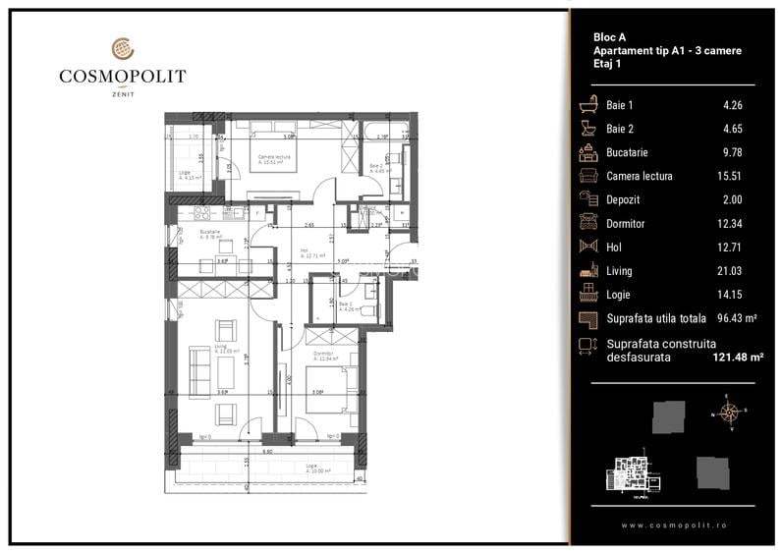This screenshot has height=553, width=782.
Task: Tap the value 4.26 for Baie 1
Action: pos(729,105)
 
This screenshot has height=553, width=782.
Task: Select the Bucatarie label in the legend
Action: pos(627,152)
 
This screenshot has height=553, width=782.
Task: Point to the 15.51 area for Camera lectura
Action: pos(729,176)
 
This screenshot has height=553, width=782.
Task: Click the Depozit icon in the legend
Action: pos(589,199)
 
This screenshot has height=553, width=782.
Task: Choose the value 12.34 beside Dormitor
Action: pos(729,223)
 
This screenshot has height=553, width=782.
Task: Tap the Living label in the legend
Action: pos(619,270)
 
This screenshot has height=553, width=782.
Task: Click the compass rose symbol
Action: pos(729,411)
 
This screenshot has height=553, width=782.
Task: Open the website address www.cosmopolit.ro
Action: pos(674,525)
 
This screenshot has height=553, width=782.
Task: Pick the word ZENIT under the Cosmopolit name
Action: pos(122,93)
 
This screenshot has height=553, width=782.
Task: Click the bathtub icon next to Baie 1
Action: pos(589,105)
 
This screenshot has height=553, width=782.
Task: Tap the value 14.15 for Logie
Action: pos(729,294)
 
